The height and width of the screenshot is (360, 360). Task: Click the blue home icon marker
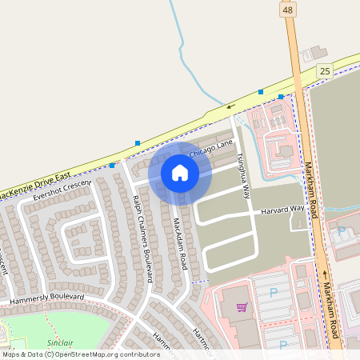180,172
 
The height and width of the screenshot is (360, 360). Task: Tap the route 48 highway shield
288,9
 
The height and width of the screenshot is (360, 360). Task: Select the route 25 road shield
324,71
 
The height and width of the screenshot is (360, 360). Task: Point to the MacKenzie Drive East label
35,184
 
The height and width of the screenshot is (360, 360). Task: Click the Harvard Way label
283,210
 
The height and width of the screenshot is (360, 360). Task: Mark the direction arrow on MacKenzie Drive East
230,105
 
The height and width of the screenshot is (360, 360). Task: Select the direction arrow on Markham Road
326,274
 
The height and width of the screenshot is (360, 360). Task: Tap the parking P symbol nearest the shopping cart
273,294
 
